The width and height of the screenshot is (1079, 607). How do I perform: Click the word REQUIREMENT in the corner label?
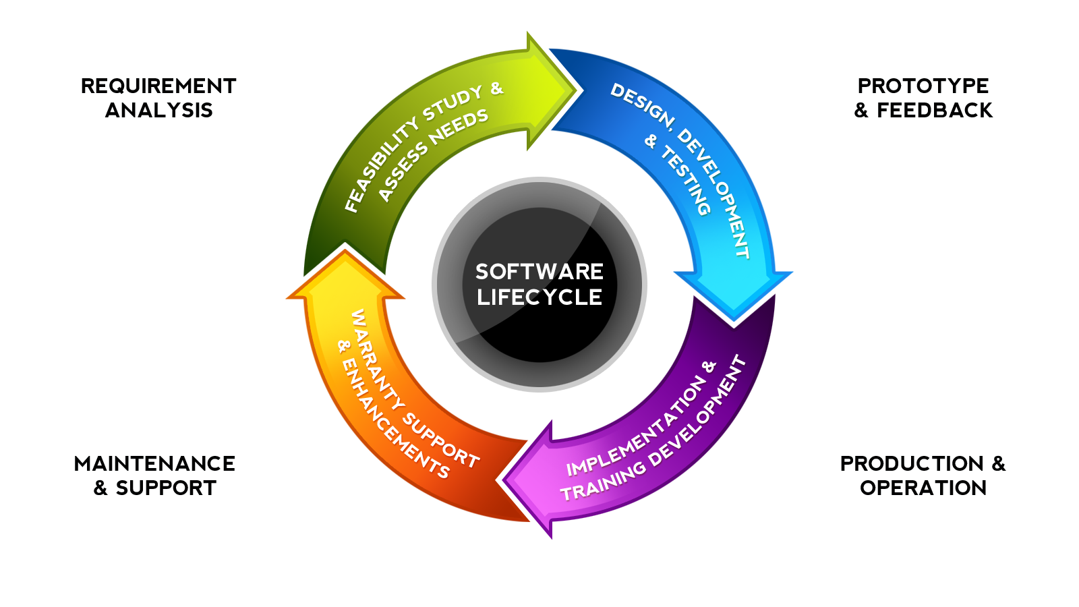[158, 86]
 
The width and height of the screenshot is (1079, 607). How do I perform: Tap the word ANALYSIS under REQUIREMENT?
[159, 111]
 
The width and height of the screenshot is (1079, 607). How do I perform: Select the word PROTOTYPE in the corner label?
[923, 86]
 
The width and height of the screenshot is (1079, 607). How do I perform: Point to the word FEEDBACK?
[935, 111]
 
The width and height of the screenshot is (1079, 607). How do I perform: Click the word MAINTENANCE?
[154, 464]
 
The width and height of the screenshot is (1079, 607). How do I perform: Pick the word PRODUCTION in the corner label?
[912, 464]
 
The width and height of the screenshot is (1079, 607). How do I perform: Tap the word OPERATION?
[923, 488]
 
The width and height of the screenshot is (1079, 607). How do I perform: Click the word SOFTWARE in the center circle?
[539, 272]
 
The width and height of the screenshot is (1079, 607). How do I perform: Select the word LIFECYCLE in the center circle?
[539, 297]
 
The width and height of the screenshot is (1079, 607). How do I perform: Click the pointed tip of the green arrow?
[576, 90]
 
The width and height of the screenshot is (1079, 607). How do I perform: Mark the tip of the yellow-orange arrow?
[345, 245]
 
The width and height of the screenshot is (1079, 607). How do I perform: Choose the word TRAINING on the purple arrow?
[604, 482]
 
